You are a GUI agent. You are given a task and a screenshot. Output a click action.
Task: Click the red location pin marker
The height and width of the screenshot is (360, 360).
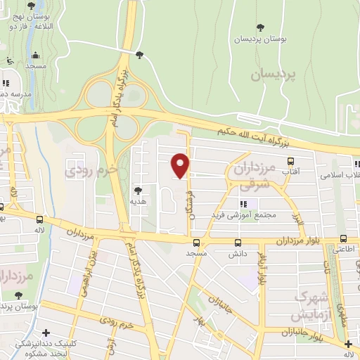(x=181, y=165)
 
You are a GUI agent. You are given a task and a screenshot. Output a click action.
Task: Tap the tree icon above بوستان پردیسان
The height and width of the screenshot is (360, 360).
(x=261, y=28)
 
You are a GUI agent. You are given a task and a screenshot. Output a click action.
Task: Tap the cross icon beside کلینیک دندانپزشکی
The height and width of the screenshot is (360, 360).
(x=46, y=333)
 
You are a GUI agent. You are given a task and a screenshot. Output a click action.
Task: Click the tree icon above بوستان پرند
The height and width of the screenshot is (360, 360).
(x=18, y=296)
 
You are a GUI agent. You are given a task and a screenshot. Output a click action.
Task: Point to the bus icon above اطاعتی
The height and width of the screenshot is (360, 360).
(x=342, y=238)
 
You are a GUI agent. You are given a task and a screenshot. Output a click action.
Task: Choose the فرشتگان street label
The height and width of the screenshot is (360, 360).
(x=188, y=197)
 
